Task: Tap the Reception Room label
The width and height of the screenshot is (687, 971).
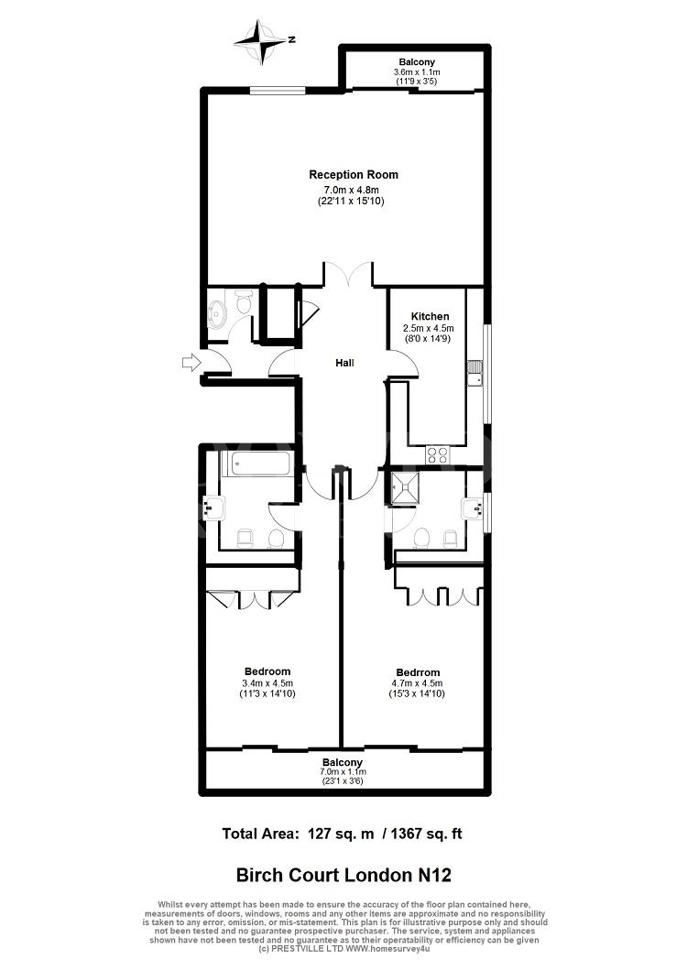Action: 353,175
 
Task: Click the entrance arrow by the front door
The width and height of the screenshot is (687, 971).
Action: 192,362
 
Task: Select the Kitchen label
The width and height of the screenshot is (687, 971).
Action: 431,316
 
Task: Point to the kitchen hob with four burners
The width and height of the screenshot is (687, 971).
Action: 437,455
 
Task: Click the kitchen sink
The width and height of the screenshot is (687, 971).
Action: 475,374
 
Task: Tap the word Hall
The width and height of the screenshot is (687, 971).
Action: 344,363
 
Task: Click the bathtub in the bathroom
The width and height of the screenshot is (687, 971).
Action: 256,464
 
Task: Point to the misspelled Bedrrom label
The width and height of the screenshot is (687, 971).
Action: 418,672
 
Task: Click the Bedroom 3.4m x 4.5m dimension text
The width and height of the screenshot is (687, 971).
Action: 267,683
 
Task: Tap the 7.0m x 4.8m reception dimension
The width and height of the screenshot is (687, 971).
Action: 352,191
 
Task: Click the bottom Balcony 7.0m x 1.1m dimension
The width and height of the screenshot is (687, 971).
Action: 343,772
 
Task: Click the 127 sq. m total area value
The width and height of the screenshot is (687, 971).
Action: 341,835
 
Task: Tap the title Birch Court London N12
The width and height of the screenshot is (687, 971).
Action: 343,875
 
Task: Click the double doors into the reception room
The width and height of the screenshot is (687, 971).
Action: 348,275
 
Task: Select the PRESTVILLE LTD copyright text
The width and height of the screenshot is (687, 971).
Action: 344,948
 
